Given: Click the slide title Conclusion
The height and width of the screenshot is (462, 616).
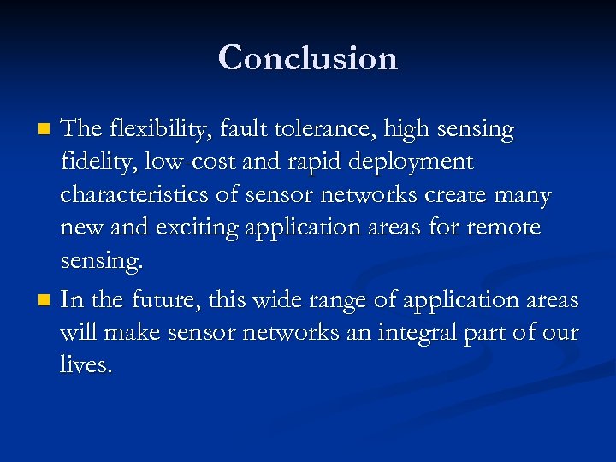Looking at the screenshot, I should tap(308, 58).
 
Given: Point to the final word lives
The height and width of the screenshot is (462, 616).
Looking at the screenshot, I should tap(86, 365).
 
